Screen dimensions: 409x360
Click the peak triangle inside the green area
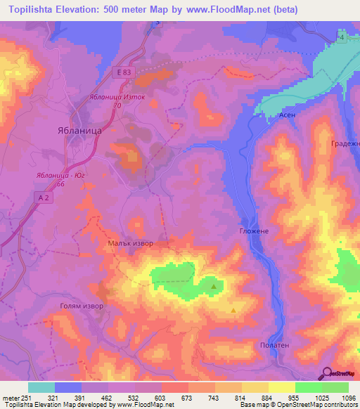pyautogui.click(x=214, y=286)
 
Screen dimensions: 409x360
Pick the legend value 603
pyautogui.click(x=148, y=398)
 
